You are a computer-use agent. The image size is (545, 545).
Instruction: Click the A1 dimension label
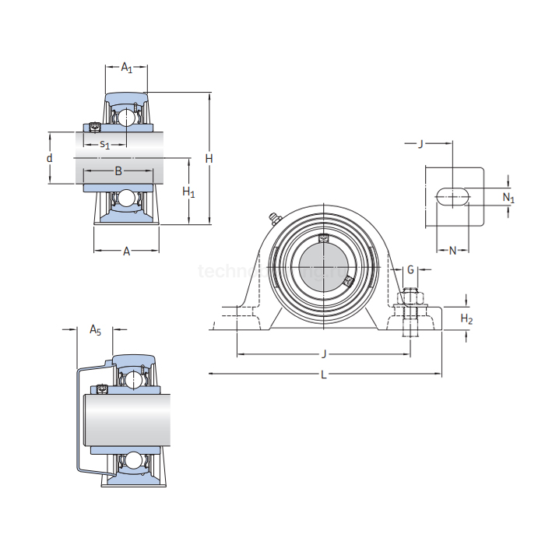click(x=126, y=68)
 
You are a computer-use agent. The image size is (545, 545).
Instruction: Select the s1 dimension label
click(x=104, y=144)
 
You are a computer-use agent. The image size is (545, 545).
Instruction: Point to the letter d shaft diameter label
click(x=49, y=158)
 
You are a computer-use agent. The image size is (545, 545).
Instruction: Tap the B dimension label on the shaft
click(x=118, y=171)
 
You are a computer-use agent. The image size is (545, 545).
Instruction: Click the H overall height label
click(x=209, y=158)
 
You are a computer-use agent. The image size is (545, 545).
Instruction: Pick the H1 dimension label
click(x=188, y=192)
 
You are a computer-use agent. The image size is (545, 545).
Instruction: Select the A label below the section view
click(x=125, y=251)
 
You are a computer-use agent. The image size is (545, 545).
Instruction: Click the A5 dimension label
click(x=95, y=330)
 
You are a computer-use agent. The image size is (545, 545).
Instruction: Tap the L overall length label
click(x=324, y=374)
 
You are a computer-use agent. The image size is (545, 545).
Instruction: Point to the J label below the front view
click(x=324, y=354)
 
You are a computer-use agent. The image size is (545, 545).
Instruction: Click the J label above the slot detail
click(x=420, y=143)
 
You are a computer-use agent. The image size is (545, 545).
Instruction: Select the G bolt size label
click(x=410, y=269)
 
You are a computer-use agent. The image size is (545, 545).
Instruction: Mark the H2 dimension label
click(x=466, y=318)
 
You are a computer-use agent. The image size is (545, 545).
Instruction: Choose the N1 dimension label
click(x=508, y=198)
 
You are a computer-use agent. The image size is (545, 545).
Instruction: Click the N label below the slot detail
click(x=452, y=250)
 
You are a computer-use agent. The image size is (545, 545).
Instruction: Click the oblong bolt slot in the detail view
click(x=453, y=197)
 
